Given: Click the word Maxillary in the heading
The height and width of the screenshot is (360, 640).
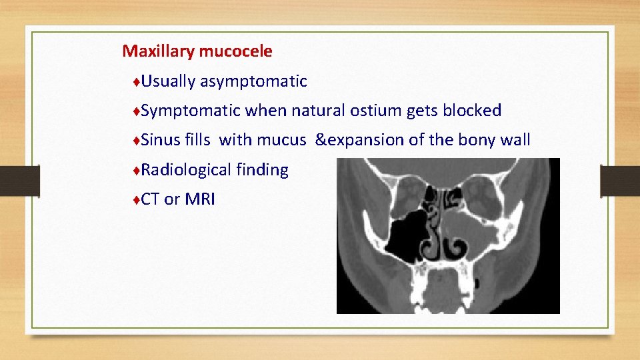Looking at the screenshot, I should (x=155, y=51).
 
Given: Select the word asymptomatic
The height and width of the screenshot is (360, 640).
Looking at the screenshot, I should (x=253, y=82).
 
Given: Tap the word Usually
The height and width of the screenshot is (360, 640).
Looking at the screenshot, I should (x=168, y=81).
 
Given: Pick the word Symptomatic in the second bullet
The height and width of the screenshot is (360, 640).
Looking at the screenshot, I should (x=191, y=111).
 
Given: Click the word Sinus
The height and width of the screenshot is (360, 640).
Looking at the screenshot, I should (x=161, y=140).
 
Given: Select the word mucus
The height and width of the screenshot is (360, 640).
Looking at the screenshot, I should (x=285, y=140).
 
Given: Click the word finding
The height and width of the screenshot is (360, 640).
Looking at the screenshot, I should (x=262, y=171).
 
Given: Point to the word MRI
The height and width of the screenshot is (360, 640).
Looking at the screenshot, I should (x=200, y=199).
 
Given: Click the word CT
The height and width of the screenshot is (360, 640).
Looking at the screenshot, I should (x=150, y=199).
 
